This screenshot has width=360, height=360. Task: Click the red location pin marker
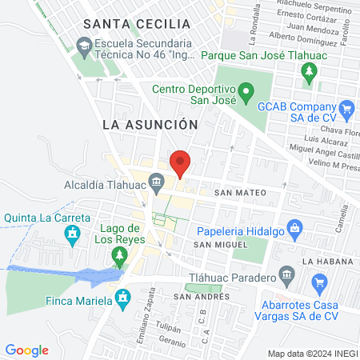click(181, 163)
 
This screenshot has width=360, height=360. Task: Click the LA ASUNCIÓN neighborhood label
click(150, 125)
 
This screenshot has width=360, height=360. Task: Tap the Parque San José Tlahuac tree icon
click(309, 73)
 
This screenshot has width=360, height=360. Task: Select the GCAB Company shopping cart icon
click(346, 107)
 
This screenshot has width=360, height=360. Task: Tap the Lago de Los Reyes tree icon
click(120, 255)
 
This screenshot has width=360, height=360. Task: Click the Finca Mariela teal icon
click(122, 299)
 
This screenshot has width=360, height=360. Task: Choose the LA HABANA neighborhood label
click(327, 262)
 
